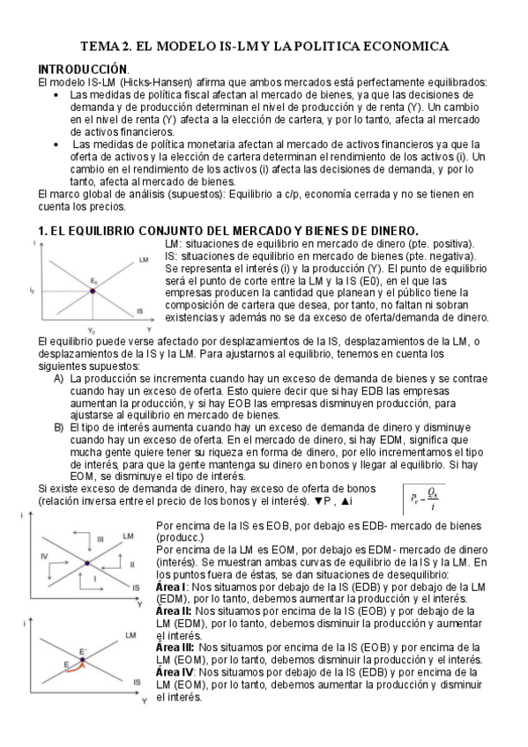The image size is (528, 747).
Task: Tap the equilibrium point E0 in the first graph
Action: (x=92, y=289)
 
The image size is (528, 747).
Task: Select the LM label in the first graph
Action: (x=144, y=259)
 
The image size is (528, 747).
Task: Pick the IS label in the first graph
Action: (x=141, y=311)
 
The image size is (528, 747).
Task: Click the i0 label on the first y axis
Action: (x=33, y=289)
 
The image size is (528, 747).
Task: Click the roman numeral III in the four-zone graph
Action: (x=100, y=537)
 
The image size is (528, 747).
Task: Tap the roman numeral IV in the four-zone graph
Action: (x=44, y=557)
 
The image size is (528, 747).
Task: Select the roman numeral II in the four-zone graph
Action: (x=131, y=562)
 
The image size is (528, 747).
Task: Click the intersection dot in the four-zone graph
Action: (x=87, y=562)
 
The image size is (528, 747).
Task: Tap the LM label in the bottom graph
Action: (x=130, y=633)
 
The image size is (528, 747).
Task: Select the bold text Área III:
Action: (x=175, y=647)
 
